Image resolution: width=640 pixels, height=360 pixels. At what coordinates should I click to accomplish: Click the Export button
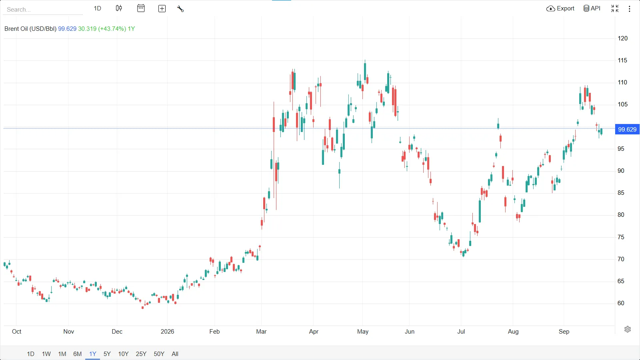[560, 8]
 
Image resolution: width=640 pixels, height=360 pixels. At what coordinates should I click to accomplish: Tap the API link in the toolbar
[592, 8]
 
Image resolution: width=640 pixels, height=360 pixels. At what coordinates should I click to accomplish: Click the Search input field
[43, 10]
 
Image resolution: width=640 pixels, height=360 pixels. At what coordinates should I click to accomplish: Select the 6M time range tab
[78, 354]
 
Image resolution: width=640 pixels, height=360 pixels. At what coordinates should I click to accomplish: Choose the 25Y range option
[141, 354]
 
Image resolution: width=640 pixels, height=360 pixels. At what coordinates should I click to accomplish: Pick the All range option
[175, 354]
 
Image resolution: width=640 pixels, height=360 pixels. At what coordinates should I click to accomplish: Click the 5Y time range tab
[107, 354]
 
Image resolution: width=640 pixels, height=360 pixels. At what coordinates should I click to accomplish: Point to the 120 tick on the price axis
[622, 38]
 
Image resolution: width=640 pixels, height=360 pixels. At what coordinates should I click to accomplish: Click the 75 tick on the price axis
[621, 237]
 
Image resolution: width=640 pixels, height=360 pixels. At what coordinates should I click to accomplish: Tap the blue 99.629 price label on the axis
[627, 130]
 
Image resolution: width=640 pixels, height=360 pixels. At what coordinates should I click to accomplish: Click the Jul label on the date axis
[461, 332]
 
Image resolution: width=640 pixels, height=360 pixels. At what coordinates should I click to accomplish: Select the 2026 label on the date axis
[167, 332]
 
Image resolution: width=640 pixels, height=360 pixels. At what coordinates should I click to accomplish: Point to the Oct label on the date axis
[16, 332]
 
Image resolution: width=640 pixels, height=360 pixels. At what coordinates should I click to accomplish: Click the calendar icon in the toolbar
[141, 8]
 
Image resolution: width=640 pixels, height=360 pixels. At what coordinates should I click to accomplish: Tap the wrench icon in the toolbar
[180, 9]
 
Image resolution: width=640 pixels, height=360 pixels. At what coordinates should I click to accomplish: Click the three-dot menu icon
[630, 9]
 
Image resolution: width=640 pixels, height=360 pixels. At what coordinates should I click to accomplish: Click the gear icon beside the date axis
[628, 329]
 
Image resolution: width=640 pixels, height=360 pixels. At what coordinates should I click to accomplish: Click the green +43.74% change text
[112, 28]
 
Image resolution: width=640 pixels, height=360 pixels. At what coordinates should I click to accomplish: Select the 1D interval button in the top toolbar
[98, 8]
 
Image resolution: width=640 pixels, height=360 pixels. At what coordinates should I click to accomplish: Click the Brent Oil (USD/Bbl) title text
[30, 28]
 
